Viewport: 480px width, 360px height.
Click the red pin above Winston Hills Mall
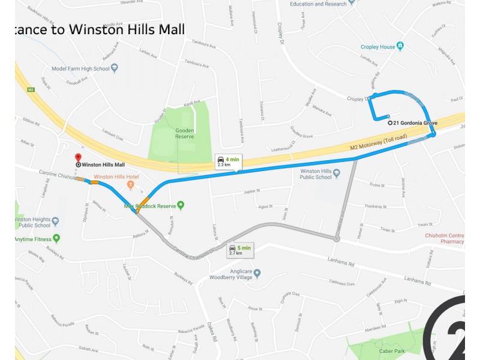click(78, 157)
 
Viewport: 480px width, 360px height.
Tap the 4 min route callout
click(228, 161)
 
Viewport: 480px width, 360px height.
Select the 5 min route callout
click(240, 250)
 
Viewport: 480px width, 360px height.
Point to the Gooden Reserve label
click(184, 133)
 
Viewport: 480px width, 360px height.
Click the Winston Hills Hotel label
click(116, 176)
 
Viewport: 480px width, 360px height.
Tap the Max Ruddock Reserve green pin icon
click(181, 206)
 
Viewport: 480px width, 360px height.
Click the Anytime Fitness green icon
click(56, 239)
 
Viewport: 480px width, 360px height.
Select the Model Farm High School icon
click(115, 68)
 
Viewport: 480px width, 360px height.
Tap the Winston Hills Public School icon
click(337, 174)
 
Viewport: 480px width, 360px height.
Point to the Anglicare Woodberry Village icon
click(274, 274)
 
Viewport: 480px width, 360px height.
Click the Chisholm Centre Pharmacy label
click(444, 238)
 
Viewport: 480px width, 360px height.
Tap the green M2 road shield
click(31, 89)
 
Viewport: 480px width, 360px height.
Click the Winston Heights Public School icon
click(56, 221)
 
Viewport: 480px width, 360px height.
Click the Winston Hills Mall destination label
click(103, 164)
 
